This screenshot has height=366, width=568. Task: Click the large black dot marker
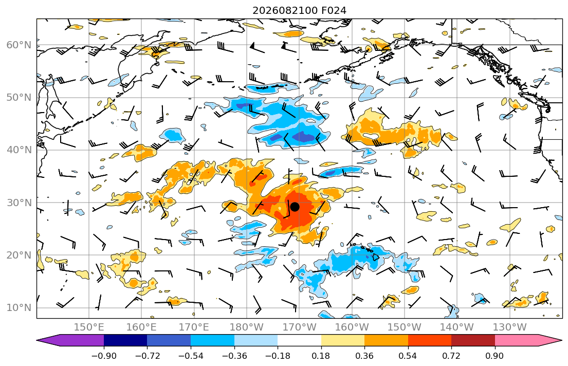pyautogui.click(x=295, y=207)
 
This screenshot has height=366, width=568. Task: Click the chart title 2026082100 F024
pyautogui.click(x=299, y=10)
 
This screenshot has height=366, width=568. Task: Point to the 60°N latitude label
pyautogui.click(x=19, y=45)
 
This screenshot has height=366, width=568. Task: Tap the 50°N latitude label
pyautogui.click(x=19, y=98)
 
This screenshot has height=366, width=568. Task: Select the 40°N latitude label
pyautogui.click(x=19, y=150)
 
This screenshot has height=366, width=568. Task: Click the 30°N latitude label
pyautogui.click(x=19, y=203)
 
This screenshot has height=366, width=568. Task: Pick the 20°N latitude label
pyautogui.click(x=19, y=255)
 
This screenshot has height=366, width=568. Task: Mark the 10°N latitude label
pyautogui.click(x=19, y=308)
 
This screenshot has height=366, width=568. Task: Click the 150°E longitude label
pyautogui.click(x=89, y=327)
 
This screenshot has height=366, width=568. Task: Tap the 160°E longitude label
pyautogui.click(x=142, y=327)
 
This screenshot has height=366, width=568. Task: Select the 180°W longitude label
pyautogui.click(x=247, y=327)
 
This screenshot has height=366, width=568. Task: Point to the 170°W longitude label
pyautogui.click(x=299, y=327)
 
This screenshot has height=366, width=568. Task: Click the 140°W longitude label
pyautogui.click(x=457, y=327)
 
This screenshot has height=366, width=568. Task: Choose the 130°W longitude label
pyautogui.click(x=510, y=327)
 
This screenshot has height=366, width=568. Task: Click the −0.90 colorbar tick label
pyautogui.click(x=104, y=356)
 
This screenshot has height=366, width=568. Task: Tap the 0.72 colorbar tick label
pyautogui.click(x=451, y=356)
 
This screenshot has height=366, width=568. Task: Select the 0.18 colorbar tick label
pyautogui.click(x=321, y=356)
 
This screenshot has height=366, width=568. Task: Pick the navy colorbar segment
pyautogui.click(x=125, y=340)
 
